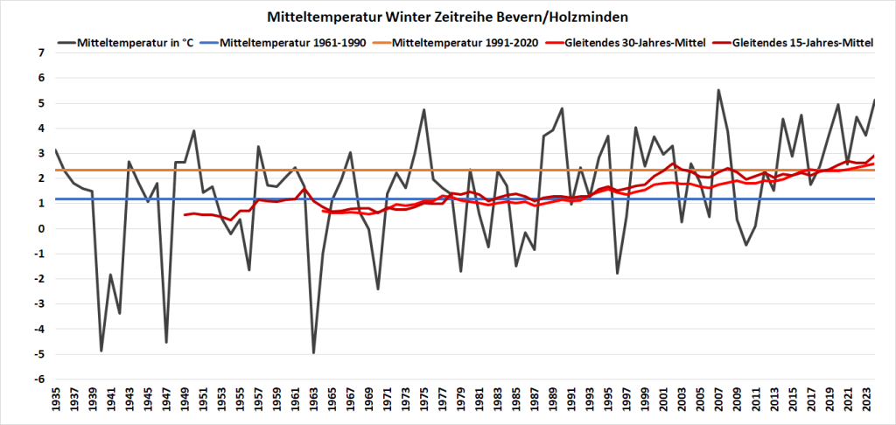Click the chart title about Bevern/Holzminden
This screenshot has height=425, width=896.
(447, 17)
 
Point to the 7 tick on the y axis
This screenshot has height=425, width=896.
(39, 52)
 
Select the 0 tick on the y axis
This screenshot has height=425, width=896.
(39, 228)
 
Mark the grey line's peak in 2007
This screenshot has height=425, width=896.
(718, 90)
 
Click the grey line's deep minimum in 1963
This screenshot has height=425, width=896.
(313, 352)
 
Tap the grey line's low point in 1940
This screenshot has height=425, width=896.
(101, 351)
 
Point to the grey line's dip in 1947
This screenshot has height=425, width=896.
(166, 342)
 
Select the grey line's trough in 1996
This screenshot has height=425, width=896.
(618, 274)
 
